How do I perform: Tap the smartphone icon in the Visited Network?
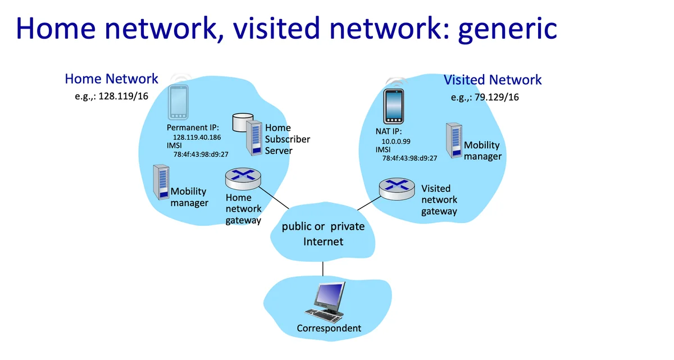click(394, 106)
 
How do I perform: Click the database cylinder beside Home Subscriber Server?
click(242, 121)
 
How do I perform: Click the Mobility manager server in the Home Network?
click(161, 181)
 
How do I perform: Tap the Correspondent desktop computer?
click(328, 301)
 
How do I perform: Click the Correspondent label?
click(329, 329)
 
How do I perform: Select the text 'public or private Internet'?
click(323, 234)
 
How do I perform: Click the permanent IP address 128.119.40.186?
click(197, 137)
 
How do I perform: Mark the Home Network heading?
click(112, 79)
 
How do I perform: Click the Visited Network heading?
click(493, 80)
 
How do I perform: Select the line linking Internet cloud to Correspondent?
click(323, 268)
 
